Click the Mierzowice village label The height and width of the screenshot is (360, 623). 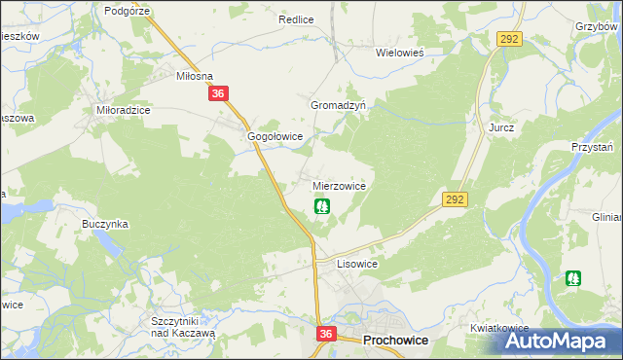(x=339, y=185)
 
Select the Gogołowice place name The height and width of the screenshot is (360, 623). (x=276, y=137)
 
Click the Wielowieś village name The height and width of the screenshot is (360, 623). (x=404, y=54)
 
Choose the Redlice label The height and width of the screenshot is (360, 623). (x=295, y=19)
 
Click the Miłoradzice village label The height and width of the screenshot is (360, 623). (x=123, y=111)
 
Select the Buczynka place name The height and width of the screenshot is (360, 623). (x=106, y=224)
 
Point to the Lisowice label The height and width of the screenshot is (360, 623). (x=356, y=264)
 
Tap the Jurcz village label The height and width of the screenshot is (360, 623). (x=501, y=127)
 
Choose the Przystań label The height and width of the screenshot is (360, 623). (x=593, y=146)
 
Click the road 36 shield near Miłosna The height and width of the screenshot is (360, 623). (x=218, y=93)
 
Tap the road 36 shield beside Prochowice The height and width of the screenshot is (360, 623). (x=326, y=334)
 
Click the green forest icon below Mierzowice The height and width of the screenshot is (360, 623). (x=321, y=206)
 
